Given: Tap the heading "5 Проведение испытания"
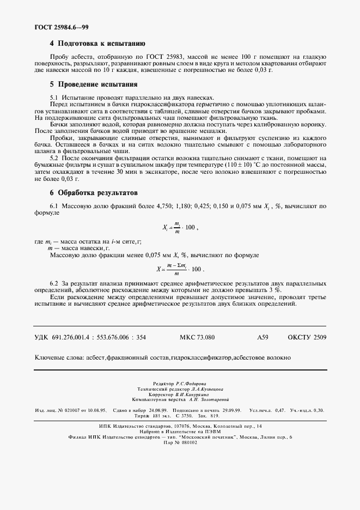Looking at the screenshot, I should [x=93, y=84].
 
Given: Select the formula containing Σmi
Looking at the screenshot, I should [x=180, y=269].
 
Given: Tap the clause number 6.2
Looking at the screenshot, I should [x=54, y=284].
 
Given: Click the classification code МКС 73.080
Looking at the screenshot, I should [x=197, y=338].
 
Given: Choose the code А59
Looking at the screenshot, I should [x=263, y=338].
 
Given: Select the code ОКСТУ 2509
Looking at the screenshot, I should [x=307, y=338].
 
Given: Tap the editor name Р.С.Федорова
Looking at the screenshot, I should [x=194, y=383].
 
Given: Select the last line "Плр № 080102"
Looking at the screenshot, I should [x=180, y=442].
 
